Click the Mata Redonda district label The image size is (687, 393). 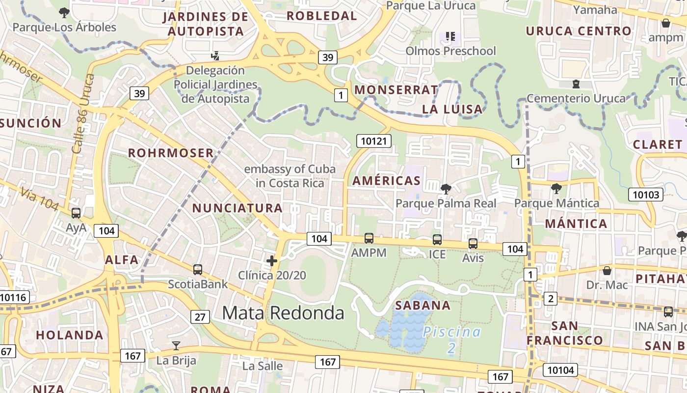pos(283,312)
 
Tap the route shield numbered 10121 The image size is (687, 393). pos(374,141)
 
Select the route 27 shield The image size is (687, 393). pos(200,317)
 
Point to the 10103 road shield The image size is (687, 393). pos(646,195)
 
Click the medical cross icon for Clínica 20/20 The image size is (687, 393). pos(271,261)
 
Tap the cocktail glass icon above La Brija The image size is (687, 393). pos(176,346)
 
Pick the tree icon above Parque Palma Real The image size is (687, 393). pos(446,189)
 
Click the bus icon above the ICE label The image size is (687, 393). pos(437,240)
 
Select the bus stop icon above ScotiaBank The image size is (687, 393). pos(198,269)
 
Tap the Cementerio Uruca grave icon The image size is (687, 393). pos(576,84)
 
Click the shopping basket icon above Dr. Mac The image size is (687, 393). pos(607,271)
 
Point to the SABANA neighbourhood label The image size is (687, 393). pos(423,306)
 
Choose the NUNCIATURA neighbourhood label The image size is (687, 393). pos(238,208)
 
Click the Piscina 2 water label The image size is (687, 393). pos(452,339)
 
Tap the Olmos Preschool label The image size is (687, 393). pos(451,51)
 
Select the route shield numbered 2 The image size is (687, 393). pos(551,298)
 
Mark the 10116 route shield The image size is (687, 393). pos(14,297)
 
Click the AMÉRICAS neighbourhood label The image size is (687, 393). pos(387,181)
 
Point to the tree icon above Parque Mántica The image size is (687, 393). pos(556,188)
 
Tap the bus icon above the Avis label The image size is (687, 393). pos(473,243)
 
